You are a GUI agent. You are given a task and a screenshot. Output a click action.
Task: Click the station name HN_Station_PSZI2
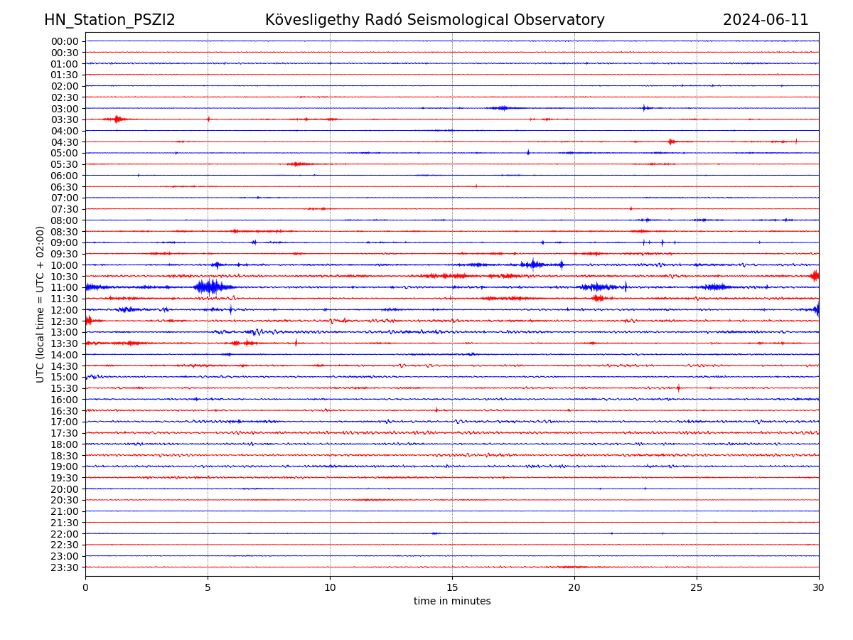(109, 20)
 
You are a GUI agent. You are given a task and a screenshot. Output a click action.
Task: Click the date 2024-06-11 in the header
(766, 20)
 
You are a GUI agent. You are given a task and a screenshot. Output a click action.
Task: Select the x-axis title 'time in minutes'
(452, 602)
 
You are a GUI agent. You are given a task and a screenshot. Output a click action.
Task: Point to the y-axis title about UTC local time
(41, 304)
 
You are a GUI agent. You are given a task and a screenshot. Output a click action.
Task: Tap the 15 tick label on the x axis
(452, 588)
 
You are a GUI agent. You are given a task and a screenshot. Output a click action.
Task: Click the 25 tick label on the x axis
(697, 588)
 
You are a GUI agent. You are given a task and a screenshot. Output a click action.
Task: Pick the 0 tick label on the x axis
(85, 588)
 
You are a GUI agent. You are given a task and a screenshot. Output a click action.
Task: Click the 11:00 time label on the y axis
(64, 287)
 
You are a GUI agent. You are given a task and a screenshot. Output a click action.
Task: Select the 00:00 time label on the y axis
(64, 41)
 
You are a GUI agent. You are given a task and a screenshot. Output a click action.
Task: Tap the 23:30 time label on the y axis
(64, 567)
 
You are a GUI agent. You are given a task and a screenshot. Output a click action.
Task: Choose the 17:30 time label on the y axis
(64, 433)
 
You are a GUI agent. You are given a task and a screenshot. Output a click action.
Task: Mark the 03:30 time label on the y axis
(64, 119)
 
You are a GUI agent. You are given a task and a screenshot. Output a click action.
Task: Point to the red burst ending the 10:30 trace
(815, 275)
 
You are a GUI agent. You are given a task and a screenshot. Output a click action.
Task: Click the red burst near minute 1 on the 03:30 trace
(117, 119)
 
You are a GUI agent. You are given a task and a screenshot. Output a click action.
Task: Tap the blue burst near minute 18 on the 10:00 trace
(532, 265)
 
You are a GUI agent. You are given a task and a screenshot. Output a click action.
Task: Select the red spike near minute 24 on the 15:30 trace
(678, 388)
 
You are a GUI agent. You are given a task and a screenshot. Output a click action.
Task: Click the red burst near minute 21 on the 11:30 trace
(598, 298)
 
